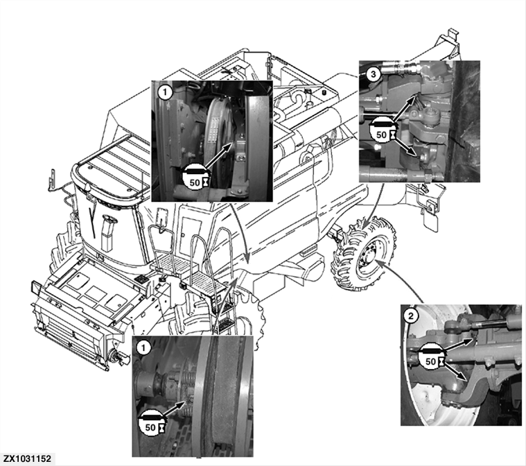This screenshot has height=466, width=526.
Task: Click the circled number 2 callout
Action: pos(411,317)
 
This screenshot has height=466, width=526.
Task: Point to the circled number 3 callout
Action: pos(371,71)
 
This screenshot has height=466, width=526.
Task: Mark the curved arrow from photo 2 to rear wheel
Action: pos(401,281)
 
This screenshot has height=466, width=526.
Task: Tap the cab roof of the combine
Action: pos(111,163)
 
